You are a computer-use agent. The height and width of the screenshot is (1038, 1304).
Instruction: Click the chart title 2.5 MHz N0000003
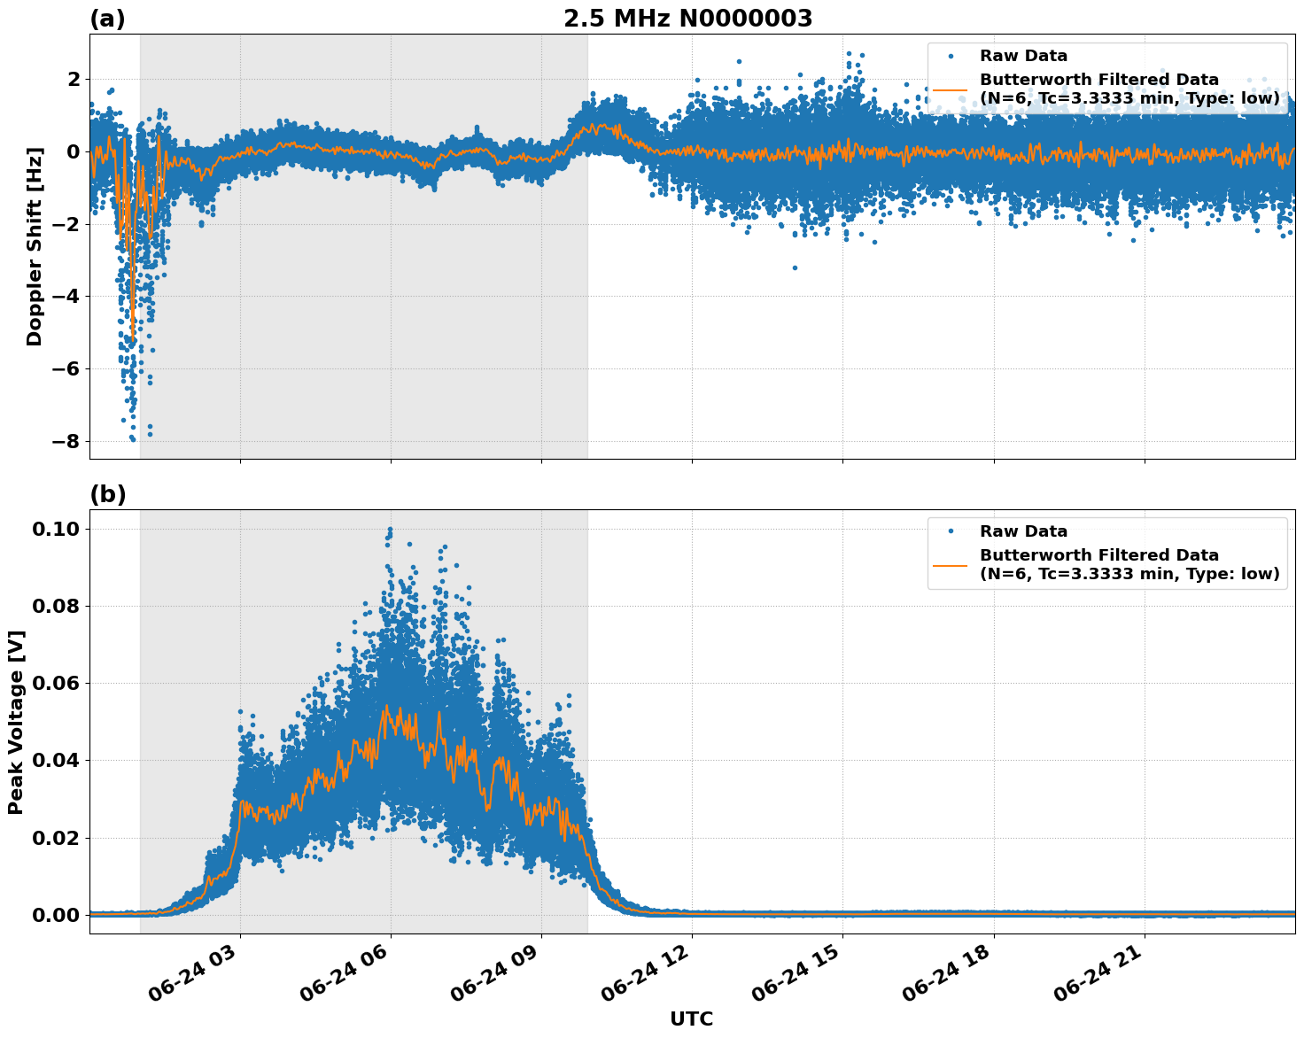(687, 19)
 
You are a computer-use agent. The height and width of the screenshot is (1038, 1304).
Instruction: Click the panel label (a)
(108, 19)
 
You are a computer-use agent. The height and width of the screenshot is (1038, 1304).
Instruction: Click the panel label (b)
(108, 494)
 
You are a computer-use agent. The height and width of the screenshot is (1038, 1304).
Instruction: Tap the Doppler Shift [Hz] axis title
(35, 247)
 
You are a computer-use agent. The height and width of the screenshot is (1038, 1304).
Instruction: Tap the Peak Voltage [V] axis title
(15, 722)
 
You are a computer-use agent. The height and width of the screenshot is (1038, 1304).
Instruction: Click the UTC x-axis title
(691, 1019)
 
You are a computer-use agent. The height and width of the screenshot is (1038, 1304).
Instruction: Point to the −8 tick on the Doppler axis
(68, 441)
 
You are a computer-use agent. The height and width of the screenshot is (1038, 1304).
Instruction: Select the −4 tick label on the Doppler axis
(68, 297)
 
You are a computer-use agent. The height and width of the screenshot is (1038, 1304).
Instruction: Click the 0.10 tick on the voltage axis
(57, 529)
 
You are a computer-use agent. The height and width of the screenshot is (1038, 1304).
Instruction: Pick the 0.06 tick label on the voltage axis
(57, 683)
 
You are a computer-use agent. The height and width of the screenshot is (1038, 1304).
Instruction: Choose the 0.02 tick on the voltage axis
(57, 838)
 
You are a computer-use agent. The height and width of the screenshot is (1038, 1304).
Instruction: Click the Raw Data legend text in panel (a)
(1023, 56)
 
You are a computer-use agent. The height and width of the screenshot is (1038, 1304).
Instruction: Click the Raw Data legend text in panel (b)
(1023, 531)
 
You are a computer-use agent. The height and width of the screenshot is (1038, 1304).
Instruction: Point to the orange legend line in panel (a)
(951, 89)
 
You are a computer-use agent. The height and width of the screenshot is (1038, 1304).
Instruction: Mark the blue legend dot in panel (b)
(951, 531)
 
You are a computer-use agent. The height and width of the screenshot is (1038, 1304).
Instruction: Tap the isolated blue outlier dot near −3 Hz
(795, 267)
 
